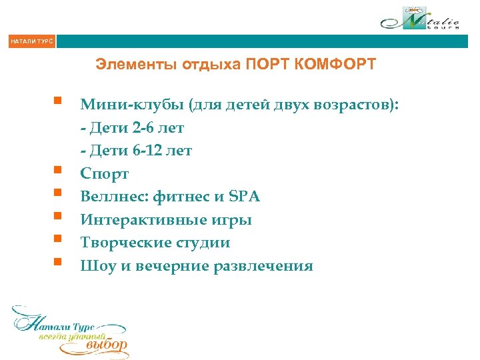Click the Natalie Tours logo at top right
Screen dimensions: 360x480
pos(421,19)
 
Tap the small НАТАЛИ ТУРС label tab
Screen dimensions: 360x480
pos(31,42)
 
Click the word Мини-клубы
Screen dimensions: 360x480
pos(131,105)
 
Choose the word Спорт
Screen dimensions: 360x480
pos(105,174)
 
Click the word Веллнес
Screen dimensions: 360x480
pos(113,197)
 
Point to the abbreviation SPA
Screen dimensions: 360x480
pos(244,197)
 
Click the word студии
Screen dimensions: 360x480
pos(201,243)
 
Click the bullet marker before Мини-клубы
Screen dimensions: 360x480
pos(59,102)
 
